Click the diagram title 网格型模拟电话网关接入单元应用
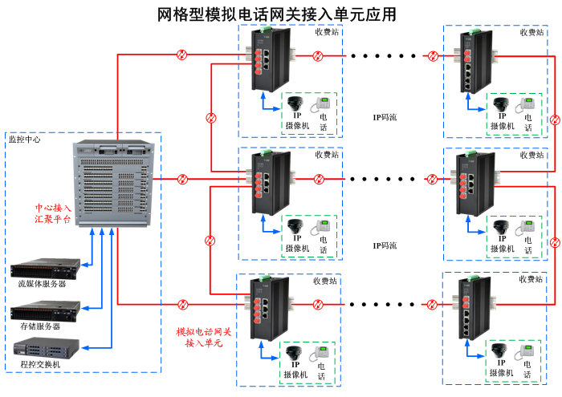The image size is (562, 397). point(276,14)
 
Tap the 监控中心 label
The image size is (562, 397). point(25,139)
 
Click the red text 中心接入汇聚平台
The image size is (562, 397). point(52,212)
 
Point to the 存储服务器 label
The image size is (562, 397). point(41,326)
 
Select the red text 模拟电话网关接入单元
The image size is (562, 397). point(204,337)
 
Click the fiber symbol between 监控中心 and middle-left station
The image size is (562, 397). point(182,178)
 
